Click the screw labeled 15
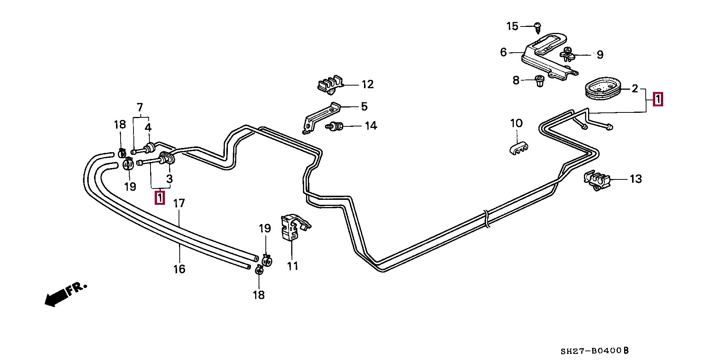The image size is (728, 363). (x=537, y=27)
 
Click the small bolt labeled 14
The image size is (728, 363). (x=334, y=126)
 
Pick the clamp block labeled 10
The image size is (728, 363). (x=519, y=148)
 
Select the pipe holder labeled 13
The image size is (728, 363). (x=596, y=181)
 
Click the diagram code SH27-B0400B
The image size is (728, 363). (x=595, y=351)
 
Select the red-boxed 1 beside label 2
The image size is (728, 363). (x=658, y=99)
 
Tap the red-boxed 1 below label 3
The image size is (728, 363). (x=160, y=198)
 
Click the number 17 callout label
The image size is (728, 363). (x=179, y=204)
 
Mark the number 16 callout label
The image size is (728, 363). (x=179, y=269)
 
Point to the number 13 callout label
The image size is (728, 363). (x=635, y=179)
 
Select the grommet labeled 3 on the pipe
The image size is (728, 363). (x=167, y=158)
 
